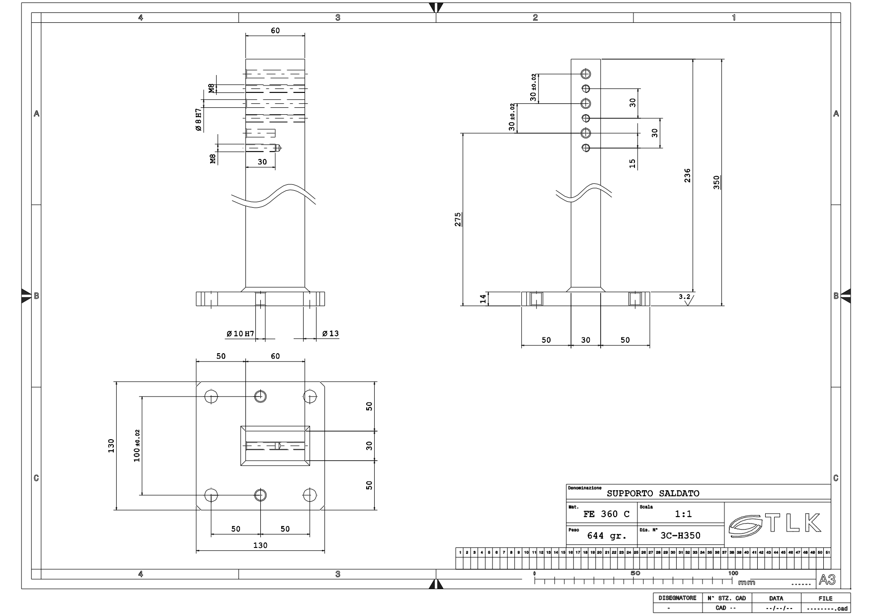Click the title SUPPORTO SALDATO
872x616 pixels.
coord(652,493)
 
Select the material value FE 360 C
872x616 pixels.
coord(606,514)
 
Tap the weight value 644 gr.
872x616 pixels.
coord(607,536)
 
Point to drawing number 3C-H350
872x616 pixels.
coord(680,536)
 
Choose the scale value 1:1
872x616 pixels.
coord(683,514)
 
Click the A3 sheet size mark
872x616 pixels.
coord(827,580)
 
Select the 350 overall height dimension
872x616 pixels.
coord(716,182)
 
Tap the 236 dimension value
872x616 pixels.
coord(687,175)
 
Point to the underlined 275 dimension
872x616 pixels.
coord(458,219)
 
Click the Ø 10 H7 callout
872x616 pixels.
coord(240,333)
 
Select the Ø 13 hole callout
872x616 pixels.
coord(330,333)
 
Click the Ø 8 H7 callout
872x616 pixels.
coord(198,119)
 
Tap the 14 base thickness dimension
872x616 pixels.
coord(482,298)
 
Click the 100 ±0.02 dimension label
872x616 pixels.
coord(137,446)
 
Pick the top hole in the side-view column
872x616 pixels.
coord(586,74)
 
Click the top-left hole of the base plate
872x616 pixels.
coord(211,396)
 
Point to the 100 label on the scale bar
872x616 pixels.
coord(733,573)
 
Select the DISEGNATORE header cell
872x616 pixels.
coord(677,598)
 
